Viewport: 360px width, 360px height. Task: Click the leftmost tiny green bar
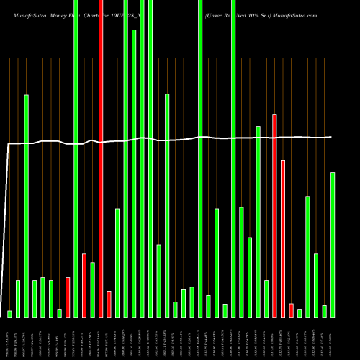click(x=10, y=313)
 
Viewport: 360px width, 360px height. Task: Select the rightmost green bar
click(x=333, y=244)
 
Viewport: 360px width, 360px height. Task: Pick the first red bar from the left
click(x=68, y=297)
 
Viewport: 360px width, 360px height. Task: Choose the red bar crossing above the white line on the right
click(x=274, y=215)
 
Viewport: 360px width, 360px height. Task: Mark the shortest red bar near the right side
click(x=291, y=310)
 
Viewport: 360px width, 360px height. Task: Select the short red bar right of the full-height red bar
click(x=109, y=303)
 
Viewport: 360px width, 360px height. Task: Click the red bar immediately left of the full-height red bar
click(x=84, y=284)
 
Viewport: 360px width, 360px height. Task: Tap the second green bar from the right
click(x=324, y=310)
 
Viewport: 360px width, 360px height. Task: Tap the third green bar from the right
click(x=316, y=284)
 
